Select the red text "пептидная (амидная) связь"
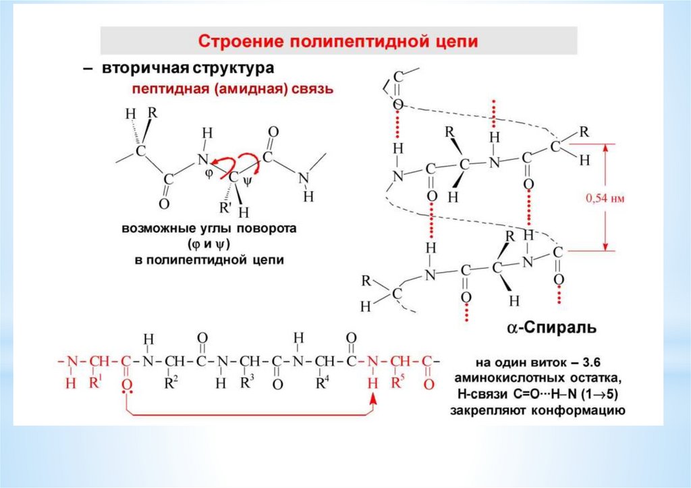coord(232,89)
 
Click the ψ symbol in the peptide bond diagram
coord(247,180)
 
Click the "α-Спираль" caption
coord(551,328)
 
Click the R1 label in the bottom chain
coord(95,382)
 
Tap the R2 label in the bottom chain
coord(171,382)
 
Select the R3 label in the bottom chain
coord(248,382)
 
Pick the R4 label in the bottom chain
coord(323,382)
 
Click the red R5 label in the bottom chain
coord(399,382)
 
